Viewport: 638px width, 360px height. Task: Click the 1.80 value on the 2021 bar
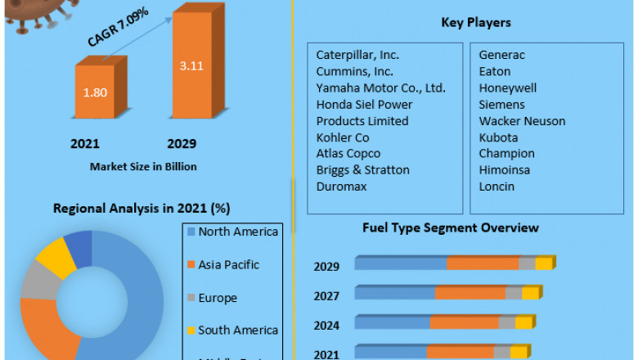(x=95, y=92)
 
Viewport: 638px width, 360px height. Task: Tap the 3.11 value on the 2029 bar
(x=191, y=65)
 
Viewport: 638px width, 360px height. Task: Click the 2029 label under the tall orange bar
(x=182, y=144)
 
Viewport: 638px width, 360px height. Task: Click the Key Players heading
(x=464, y=23)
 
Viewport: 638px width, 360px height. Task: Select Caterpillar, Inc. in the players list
(x=357, y=55)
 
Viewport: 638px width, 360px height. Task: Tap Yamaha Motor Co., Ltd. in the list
(x=380, y=88)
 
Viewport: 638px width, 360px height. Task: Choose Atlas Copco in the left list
(x=348, y=153)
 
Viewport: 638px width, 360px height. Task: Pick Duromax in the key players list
(x=341, y=186)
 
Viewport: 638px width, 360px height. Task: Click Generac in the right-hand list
(x=501, y=55)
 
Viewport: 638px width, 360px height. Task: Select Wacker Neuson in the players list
(x=522, y=120)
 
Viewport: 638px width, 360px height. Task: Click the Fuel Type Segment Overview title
(x=451, y=227)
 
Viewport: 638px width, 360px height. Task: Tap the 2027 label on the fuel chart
(x=327, y=295)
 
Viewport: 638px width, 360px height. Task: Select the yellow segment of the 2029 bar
(x=544, y=263)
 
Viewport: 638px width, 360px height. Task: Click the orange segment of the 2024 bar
(x=464, y=322)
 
